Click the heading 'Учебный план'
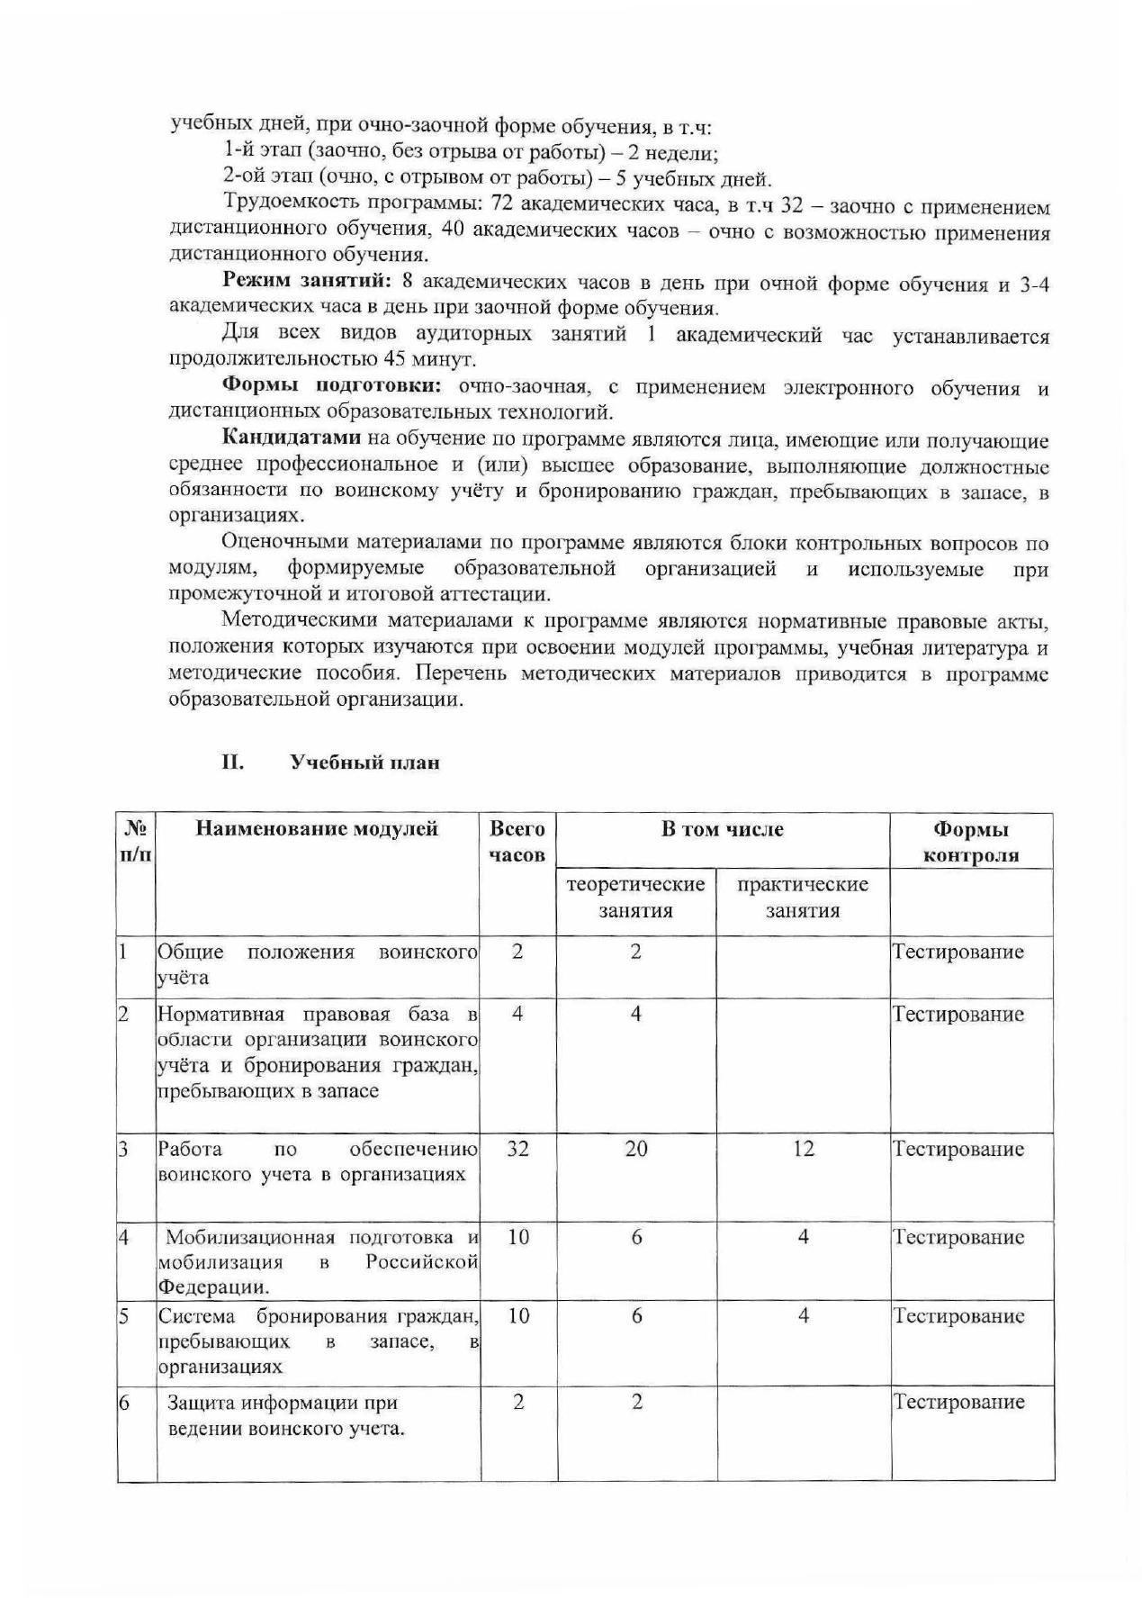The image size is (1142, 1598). click(x=364, y=763)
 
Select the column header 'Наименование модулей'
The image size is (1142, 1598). click(x=317, y=828)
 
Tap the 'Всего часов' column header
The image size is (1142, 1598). click(x=517, y=841)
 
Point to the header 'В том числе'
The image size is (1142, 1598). click(x=723, y=829)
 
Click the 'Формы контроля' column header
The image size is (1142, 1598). click(x=971, y=842)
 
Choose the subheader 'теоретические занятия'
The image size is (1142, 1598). click(x=635, y=897)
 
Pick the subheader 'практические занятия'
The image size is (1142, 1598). click(x=803, y=897)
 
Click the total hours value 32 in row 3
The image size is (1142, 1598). click(x=517, y=1149)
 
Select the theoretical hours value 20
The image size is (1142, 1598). click(x=635, y=1149)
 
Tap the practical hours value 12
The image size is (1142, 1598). click(x=803, y=1149)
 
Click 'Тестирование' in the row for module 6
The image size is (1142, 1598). click(x=958, y=1402)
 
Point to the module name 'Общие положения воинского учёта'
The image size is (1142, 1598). click(x=317, y=964)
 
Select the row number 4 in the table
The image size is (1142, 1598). click(x=124, y=1237)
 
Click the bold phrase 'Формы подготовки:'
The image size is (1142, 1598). click(x=332, y=387)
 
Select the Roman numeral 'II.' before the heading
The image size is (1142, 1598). click(x=233, y=763)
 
